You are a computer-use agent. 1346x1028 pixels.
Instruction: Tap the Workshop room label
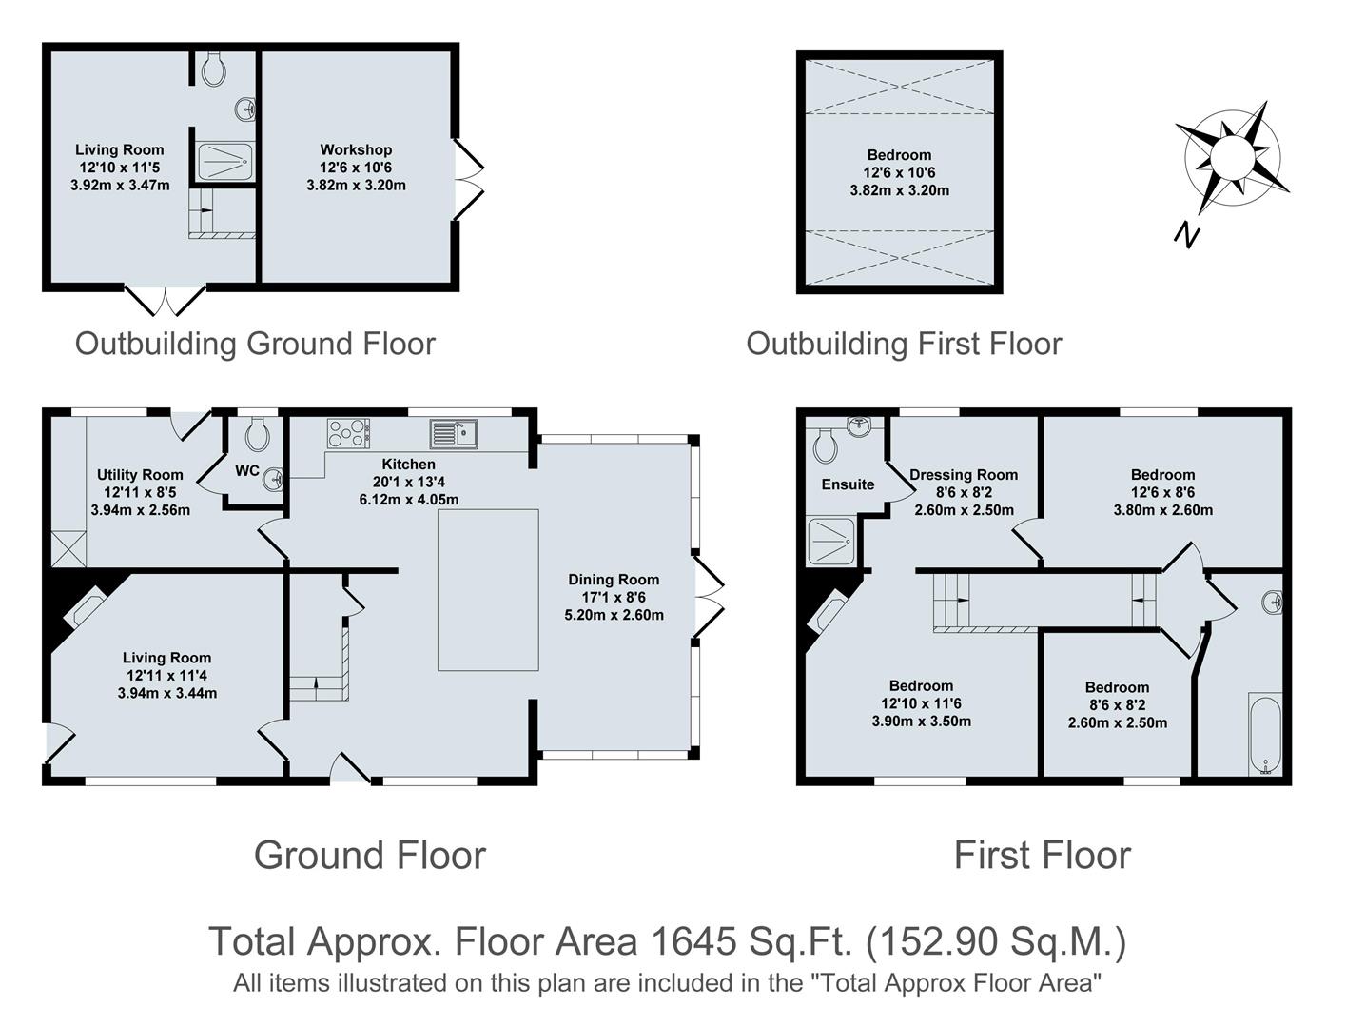click(x=356, y=149)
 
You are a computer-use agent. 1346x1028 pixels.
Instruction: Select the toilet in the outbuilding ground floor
click(x=215, y=68)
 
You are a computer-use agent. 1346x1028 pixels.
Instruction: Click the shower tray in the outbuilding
click(x=225, y=161)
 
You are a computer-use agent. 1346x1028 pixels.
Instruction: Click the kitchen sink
click(x=455, y=433)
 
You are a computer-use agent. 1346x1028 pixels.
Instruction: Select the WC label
click(x=247, y=470)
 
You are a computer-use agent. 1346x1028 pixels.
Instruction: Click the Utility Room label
click(x=140, y=474)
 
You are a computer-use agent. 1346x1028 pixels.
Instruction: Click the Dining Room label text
click(x=614, y=579)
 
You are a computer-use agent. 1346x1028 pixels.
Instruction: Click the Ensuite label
click(x=848, y=484)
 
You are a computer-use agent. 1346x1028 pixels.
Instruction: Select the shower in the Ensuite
click(x=830, y=542)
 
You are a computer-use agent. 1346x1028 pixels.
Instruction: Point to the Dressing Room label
click(x=964, y=474)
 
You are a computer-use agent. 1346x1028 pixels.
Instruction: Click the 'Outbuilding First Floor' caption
click(x=904, y=344)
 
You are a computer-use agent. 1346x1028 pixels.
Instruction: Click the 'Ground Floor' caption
click(x=370, y=855)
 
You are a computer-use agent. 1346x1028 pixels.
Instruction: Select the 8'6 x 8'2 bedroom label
click(x=1117, y=704)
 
